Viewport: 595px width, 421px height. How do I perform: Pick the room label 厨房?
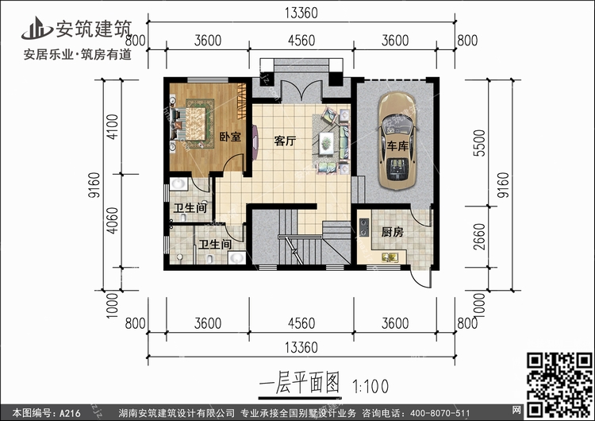392,233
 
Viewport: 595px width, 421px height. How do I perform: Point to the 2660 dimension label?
482,237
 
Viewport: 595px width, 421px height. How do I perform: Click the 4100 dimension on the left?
113,128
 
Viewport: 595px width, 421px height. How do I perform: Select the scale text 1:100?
367,387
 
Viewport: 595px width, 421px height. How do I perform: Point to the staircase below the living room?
297,234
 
